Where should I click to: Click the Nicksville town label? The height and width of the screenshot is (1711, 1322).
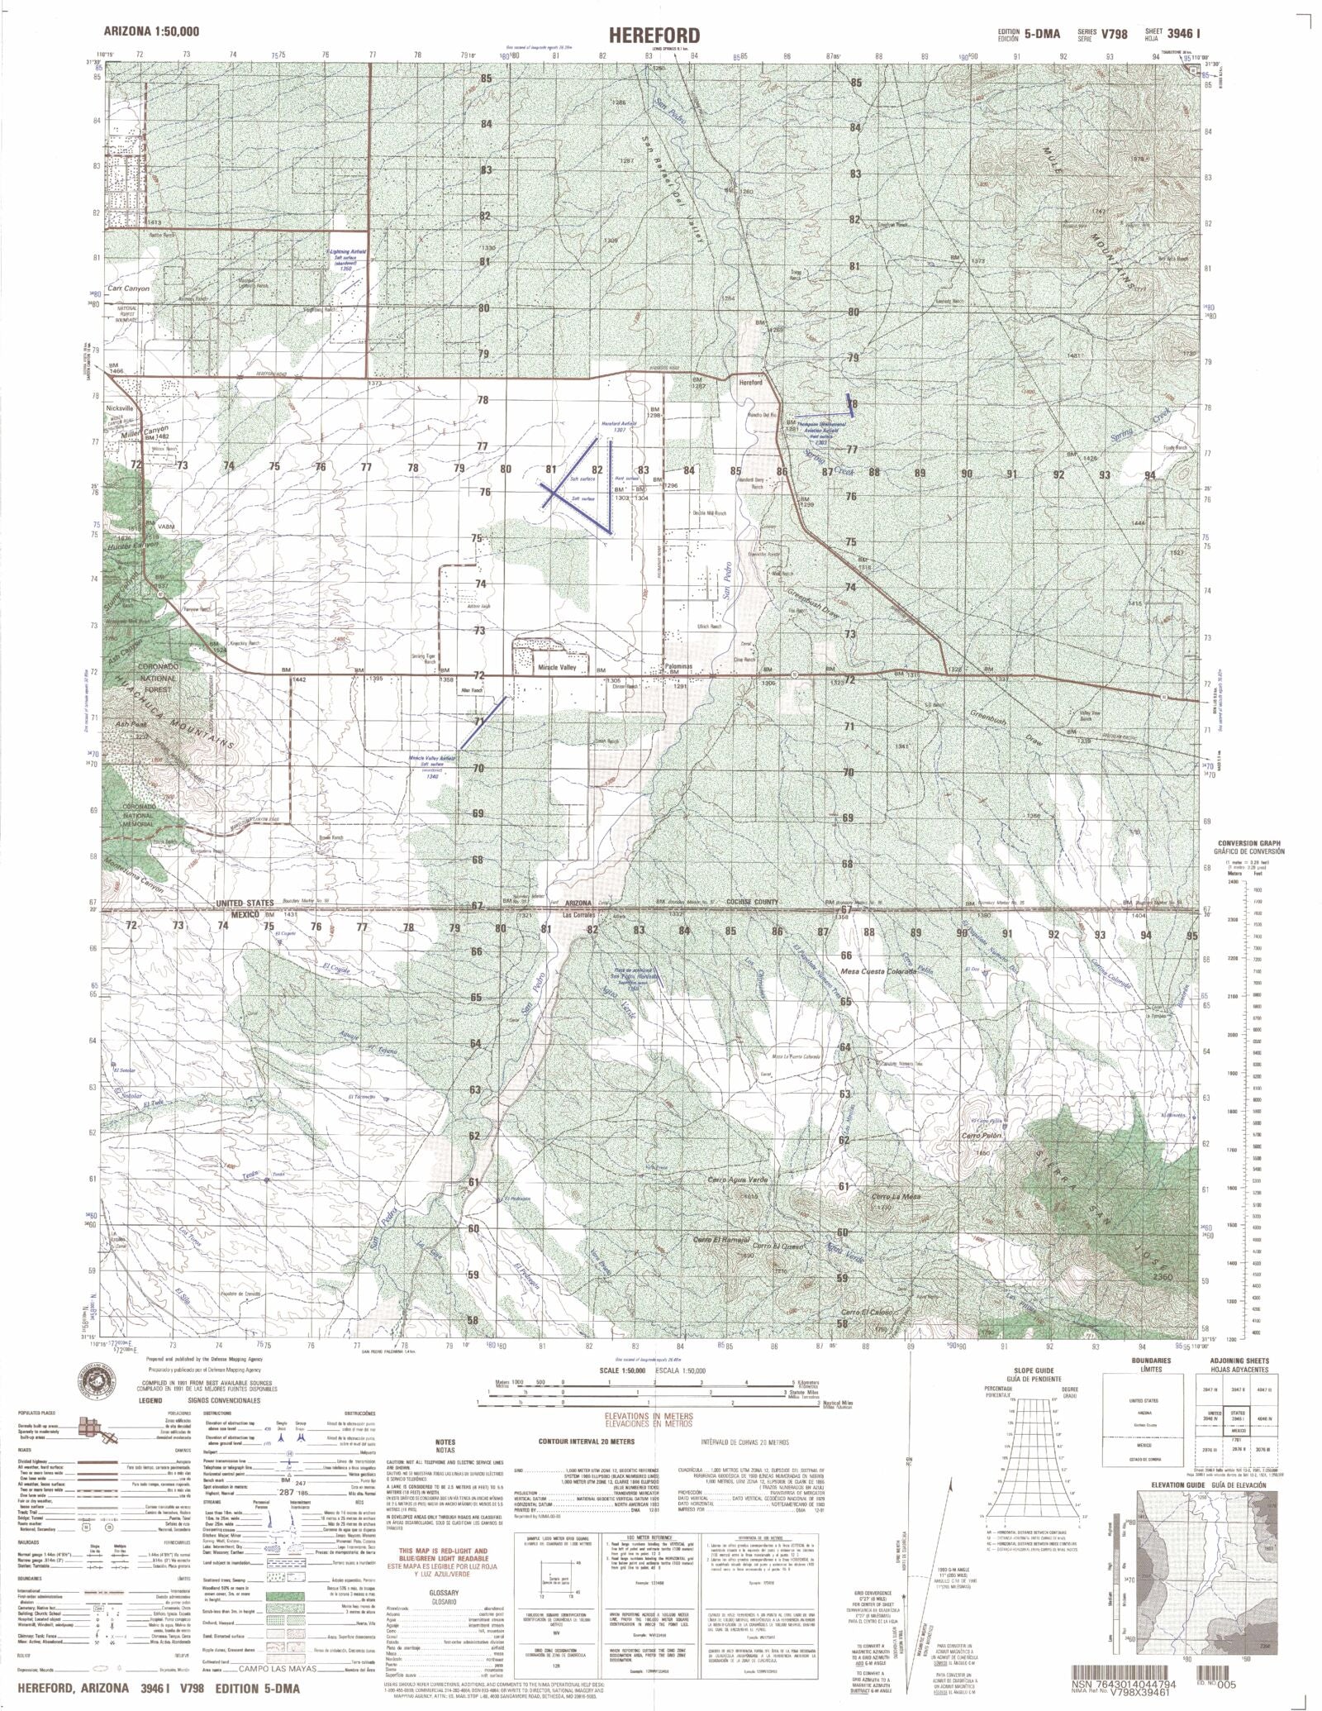click(120, 407)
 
